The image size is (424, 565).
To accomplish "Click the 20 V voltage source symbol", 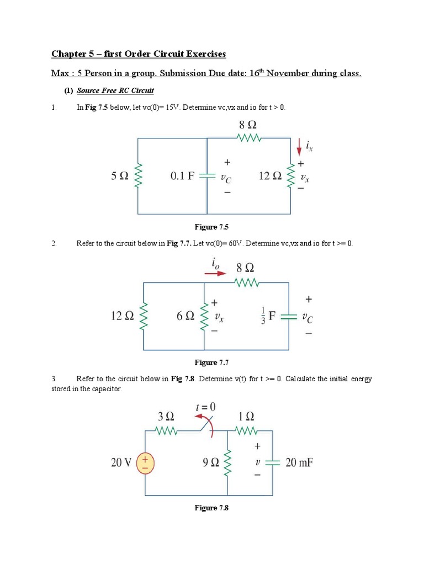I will click(145, 463).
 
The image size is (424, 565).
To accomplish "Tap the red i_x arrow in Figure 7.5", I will click(299, 146).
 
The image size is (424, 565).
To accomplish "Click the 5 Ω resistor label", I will click(120, 177).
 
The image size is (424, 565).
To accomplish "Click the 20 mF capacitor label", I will click(299, 462).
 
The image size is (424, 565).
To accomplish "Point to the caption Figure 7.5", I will click(211, 227).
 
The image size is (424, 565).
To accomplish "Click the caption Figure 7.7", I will click(211, 362).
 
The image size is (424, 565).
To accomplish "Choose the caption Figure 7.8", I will click(211, 508).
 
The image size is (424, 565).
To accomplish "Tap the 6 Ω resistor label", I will click(185, 316).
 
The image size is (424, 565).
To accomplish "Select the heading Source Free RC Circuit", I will click(115, 90).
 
